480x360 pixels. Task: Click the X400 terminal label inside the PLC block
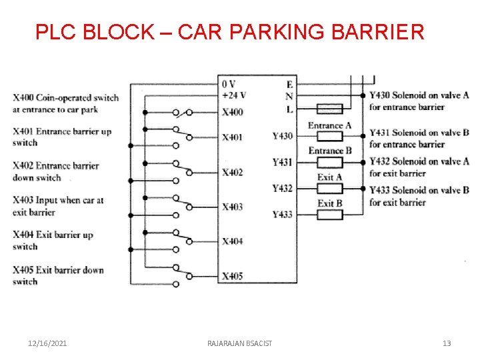point(232,112)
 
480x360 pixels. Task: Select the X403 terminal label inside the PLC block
point(232,207)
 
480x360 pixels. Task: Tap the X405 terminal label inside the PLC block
point(232,276)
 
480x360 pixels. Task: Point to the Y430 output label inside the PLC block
point(283,136)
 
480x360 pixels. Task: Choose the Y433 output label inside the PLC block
point(283,214)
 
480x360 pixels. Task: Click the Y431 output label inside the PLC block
point(283,162)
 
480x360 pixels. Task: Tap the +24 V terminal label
point(233,95)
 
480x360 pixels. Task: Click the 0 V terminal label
point(228,84)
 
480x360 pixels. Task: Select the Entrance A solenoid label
point(329,125)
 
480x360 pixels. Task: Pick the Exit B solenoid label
point(330,203)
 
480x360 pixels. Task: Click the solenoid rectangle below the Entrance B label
point(329,162)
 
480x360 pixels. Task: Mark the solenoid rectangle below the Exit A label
point(329,189)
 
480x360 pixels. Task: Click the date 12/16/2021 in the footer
point(47,343)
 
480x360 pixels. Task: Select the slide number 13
point(447,343)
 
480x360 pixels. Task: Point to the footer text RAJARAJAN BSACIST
point(240,343)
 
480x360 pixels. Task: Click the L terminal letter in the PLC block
point(289,109)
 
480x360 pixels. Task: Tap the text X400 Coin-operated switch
point(65,98)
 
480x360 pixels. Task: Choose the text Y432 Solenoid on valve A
point(419,161)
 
